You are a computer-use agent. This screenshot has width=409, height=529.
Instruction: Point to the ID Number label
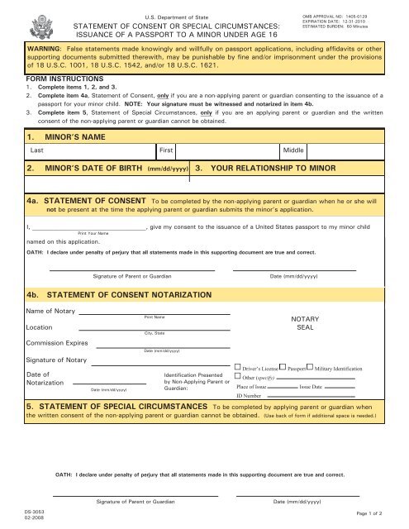[x=249, y=397]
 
